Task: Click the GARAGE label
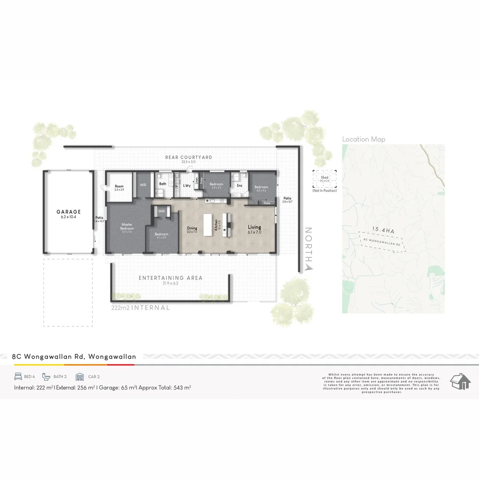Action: pyautogui.click(x=68, y=212)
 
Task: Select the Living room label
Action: pyautogui.click(x=255, y=227)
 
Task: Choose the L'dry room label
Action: pyautogui.click(x=187, y=186)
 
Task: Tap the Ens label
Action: pyautogui.click(x=239, y=186)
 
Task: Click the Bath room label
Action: pyautogui.click(x=163, y=184)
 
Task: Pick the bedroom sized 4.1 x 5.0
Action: pyautogui.click(x=161, y=235)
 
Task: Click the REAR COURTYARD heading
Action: pyautogui.click(x=188, y=157)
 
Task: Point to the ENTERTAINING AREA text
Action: pyautogui.click(x=170, y=278)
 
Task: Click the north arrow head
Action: pyautogui.click(x=309, y=267)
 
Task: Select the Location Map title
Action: pyautogui.click(x=364, y=139)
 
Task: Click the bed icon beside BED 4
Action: pyautogui.click(x=18, y=377)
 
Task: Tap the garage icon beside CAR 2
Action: pyautogui.click(x=80, y=377)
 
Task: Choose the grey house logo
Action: pyautogui.click(x=460, y=381)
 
